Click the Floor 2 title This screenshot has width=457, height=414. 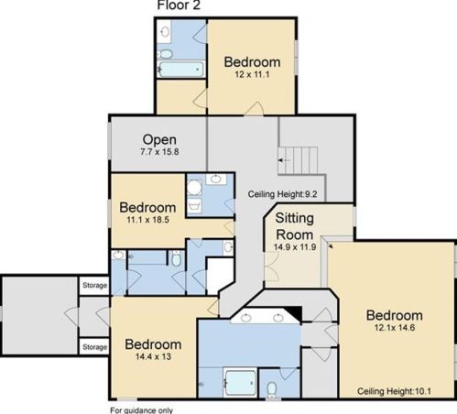coord(179,5)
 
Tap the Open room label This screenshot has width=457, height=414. coord(159,140)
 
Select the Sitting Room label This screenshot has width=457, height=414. coord(295,226)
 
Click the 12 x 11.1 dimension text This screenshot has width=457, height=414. coord(252,74)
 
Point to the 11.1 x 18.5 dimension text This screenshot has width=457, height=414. coord(147,220)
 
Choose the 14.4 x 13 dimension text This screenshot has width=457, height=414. coord(153,356)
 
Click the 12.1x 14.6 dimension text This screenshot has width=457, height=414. coord(395,328)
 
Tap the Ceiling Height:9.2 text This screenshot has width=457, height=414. coord(282,194)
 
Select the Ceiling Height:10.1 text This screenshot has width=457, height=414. coord(394,391)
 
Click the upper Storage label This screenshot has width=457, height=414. coord(94,285)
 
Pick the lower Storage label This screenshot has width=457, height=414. coord(94,347)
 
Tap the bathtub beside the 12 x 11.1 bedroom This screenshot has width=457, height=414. coord(181,70)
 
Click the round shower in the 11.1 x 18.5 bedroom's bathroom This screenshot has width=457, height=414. coord(194,188)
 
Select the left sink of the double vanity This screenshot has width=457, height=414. coord(245,318)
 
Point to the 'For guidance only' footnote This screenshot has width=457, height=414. coord(141,410)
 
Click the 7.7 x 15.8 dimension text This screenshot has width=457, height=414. coord(159,152)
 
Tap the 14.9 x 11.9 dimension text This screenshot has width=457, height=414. coord(295,247)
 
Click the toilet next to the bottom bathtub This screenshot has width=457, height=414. coord(271,389)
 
